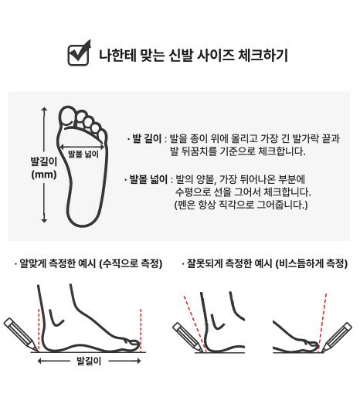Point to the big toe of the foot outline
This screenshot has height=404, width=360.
coord(67,116)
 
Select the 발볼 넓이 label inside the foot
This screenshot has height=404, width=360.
coord(83,154)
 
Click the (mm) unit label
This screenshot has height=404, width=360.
coord(44,175)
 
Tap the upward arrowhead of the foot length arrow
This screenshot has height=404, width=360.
coord(44,109)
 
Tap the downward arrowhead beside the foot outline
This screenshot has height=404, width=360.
coord(44,220)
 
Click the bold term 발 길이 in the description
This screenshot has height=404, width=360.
coord(147,138)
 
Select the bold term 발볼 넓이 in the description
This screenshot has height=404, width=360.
coord(148,179)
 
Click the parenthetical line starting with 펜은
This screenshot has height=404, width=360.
coord(241,205)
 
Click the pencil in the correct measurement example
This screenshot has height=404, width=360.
coord(21,334)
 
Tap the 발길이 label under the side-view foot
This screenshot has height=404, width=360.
coord(89,361)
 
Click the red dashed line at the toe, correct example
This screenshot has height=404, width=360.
coord(141,331)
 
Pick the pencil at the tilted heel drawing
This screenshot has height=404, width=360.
coord(188,337)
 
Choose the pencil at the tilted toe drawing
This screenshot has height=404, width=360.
coord(337,337)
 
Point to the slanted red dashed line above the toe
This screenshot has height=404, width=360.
coord(323,321)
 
